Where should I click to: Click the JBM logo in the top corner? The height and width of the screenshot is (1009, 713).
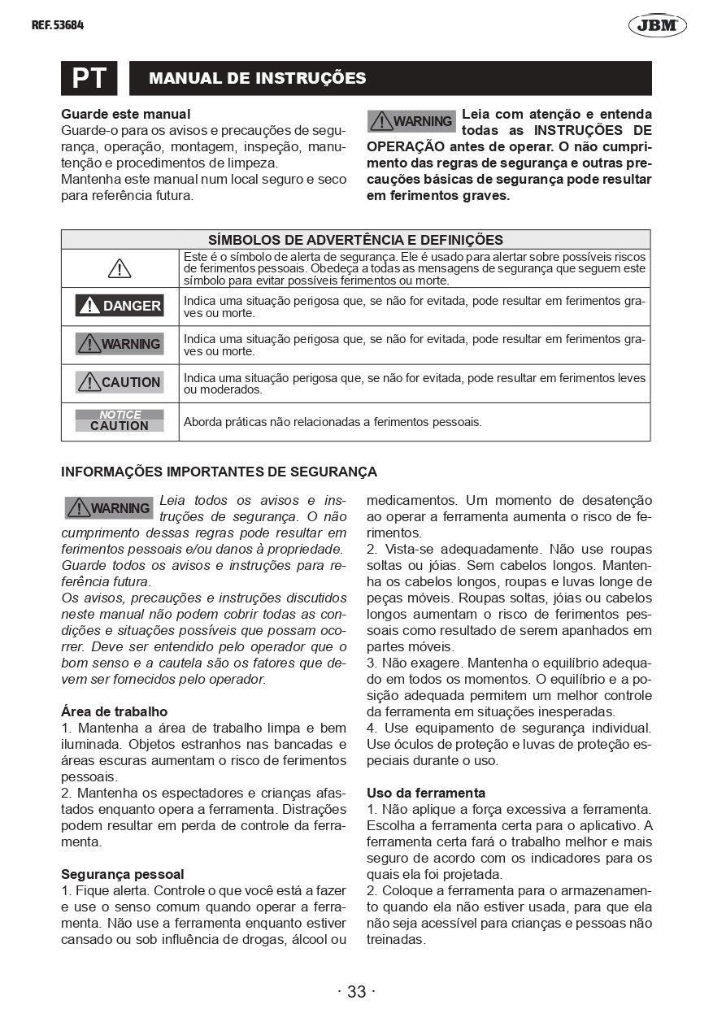point(657,25)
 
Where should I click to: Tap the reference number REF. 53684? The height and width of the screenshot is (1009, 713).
point(58,25)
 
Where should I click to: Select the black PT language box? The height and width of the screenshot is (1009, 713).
point(89,78)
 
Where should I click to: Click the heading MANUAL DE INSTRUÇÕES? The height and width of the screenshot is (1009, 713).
point(257,78)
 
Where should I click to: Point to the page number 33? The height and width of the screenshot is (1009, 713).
point(356,991)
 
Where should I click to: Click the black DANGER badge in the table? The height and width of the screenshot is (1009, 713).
point(120,306)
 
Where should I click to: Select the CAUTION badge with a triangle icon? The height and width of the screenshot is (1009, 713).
point(120,382)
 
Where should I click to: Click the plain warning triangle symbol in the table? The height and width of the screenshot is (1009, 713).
point(120,268)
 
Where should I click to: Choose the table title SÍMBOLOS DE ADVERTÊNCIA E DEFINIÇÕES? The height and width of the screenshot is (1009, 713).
point(355,240)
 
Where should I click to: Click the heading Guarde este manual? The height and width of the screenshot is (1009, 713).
point(126,114)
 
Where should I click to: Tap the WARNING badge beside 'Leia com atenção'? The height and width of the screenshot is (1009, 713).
point(411,121)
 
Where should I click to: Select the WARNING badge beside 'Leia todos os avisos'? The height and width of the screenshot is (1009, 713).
point(109,508)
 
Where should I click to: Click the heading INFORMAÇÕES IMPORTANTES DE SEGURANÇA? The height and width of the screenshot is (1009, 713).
point(219,472)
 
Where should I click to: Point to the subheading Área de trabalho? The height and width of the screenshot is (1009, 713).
point(114,711)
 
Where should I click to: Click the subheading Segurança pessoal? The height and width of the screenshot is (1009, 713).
point(123,874)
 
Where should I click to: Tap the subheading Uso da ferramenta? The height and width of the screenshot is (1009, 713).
point(426,793)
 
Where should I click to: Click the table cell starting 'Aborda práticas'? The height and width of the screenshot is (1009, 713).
point(333,422)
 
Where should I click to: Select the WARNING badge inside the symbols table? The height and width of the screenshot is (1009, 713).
point(120,344)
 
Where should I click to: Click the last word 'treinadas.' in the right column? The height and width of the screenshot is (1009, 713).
point(396,939)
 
